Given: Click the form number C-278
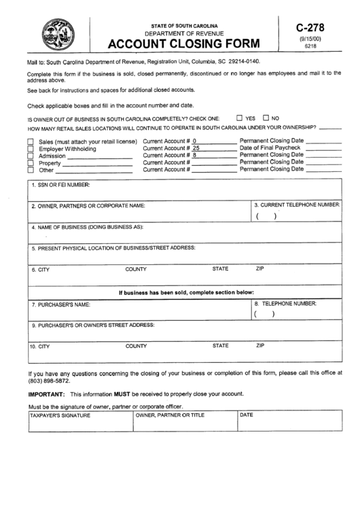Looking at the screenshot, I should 310,28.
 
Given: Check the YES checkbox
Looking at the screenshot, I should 239,117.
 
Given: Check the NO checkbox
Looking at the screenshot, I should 266,117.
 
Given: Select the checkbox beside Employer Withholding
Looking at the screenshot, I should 31,148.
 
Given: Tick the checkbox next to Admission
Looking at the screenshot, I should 31,156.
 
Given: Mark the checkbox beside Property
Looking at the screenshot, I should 31,163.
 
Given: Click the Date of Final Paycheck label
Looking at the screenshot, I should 270,147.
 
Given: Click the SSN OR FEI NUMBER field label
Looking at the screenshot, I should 61,185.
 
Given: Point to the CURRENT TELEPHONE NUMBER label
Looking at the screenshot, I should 297,205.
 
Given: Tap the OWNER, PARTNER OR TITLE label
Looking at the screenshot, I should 170,415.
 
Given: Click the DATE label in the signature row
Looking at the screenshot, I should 247,415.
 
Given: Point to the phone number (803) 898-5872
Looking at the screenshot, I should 46,381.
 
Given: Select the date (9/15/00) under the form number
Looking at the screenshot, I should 310,39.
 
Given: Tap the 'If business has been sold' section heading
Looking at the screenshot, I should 186,292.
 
